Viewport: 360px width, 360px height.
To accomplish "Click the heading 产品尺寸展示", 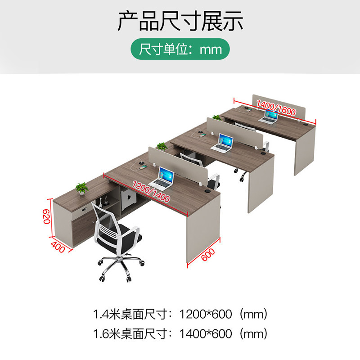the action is point(180,22).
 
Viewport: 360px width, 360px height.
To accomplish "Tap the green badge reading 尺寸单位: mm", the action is point(180,48).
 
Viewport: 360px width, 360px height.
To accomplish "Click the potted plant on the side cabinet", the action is point(82,188).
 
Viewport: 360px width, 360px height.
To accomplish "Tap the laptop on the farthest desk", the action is point(271,117).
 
